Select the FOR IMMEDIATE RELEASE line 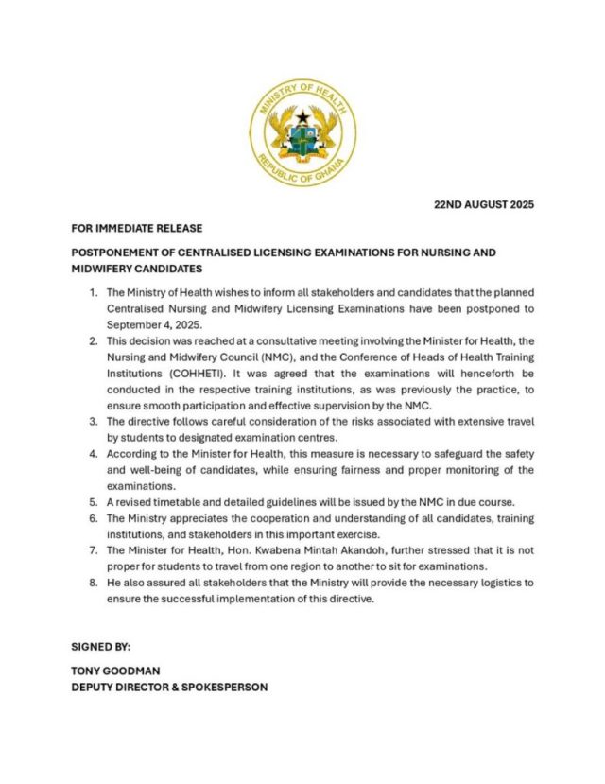pos(136,229)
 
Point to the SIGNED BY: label pos(101,647)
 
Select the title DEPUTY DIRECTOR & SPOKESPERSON pos(169,687)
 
